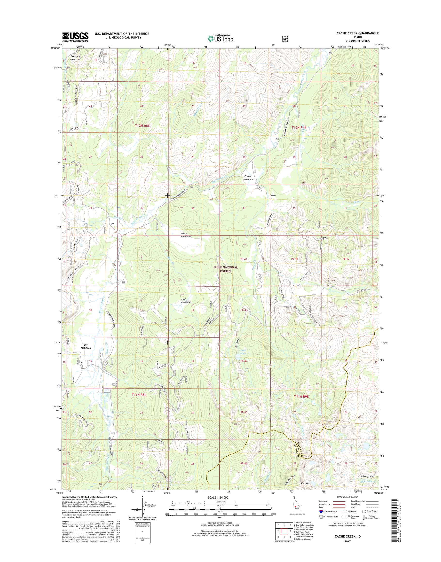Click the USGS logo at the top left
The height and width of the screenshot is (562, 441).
point(75,37)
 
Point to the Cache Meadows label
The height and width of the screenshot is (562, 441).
point(249,178)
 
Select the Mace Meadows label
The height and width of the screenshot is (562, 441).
point(186,235)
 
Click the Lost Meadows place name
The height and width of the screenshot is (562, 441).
point(186,300)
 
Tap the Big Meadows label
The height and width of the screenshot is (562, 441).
point(86,346)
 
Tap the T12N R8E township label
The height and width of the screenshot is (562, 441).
point(142,125)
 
